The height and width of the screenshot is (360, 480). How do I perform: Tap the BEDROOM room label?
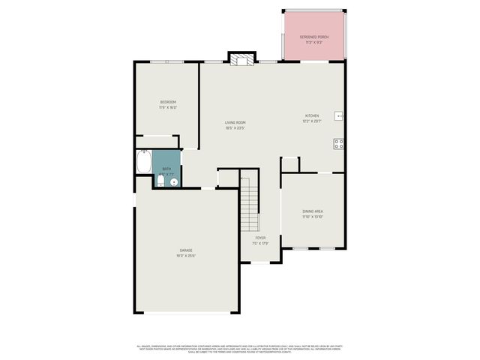(167, 102)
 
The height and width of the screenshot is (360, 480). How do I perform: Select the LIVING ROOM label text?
(235, 122)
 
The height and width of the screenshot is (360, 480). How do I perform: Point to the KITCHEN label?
(311, 116)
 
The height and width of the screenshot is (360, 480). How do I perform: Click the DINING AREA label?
(313, 212)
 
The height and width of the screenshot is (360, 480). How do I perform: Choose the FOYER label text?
(260, 238)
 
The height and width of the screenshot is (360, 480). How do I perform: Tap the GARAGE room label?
(185, 250)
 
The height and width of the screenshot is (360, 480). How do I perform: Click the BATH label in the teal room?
(166, 169)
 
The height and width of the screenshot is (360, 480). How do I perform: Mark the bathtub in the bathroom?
(143, 161)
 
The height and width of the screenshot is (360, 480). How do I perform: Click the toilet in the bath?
(160, 180)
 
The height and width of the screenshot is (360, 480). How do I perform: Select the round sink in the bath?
(174, 181)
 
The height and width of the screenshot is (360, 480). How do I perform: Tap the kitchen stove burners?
(339, 143)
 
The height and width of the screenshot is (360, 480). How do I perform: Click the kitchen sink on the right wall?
(339, 116)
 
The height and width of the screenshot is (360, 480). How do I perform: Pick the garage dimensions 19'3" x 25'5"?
(185, 256)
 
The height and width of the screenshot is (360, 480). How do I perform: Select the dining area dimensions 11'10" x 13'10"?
(313, 217)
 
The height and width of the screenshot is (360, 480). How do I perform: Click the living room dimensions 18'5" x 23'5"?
(235, 127)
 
